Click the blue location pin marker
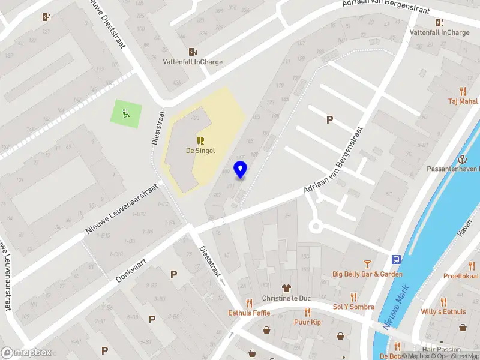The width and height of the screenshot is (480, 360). pos(241,170)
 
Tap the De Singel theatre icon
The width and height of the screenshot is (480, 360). pos(200,140)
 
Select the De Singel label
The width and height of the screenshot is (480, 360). pos(200,151)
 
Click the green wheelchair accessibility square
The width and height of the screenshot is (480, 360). pos(126,112)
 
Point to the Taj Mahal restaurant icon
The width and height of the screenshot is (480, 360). pos(463,91)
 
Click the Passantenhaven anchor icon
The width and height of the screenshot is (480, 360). pos(463,160)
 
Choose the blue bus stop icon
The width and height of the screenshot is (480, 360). pos(397,260)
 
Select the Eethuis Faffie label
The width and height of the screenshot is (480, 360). pos(249,313)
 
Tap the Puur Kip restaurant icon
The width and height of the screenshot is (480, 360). pos(307,312)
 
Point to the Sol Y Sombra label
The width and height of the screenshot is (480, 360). pos(353,307)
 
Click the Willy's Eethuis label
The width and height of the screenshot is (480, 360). pos(443,311)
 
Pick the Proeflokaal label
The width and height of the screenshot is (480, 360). pos(461,276)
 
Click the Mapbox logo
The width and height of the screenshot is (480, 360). pos(25,353)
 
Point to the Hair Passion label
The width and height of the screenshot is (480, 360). pos(441,350)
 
